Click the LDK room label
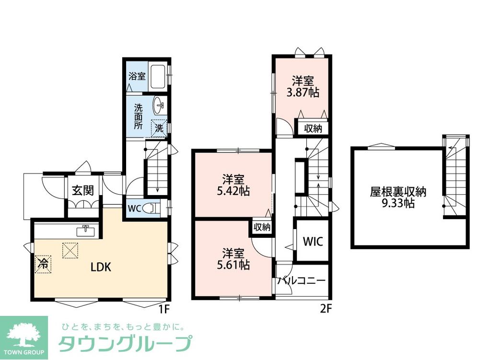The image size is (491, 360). point(101,267)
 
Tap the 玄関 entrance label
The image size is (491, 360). point(83,190)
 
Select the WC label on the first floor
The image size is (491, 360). point(134,209)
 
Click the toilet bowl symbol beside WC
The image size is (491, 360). point(152,209)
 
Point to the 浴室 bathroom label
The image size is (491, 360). point(137,76)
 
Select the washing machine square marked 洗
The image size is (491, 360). point(159,128)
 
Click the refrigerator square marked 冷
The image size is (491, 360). point(43,263)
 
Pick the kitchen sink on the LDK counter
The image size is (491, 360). point(86,231)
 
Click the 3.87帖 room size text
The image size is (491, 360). point(303,93)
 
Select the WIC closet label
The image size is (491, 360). point(312,241)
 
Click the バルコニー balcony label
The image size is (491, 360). point(302,281)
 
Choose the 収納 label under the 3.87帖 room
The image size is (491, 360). point(314,128)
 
